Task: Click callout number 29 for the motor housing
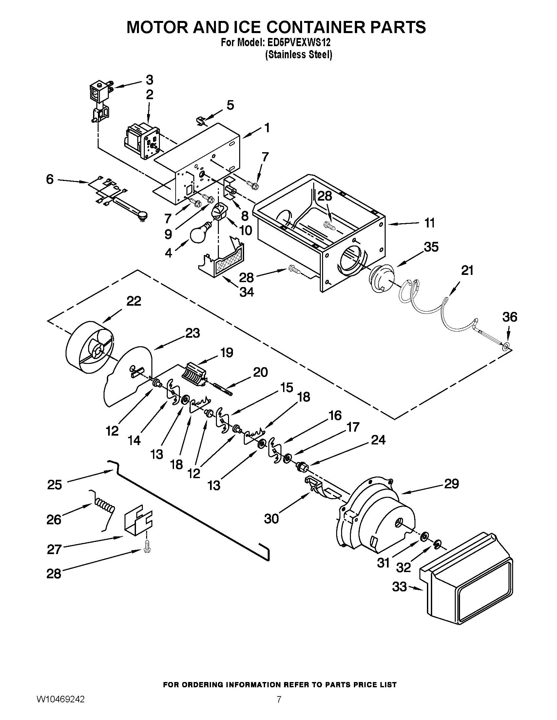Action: (451, 484)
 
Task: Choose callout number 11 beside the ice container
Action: (429, 223)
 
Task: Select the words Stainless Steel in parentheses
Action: (298, 55)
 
